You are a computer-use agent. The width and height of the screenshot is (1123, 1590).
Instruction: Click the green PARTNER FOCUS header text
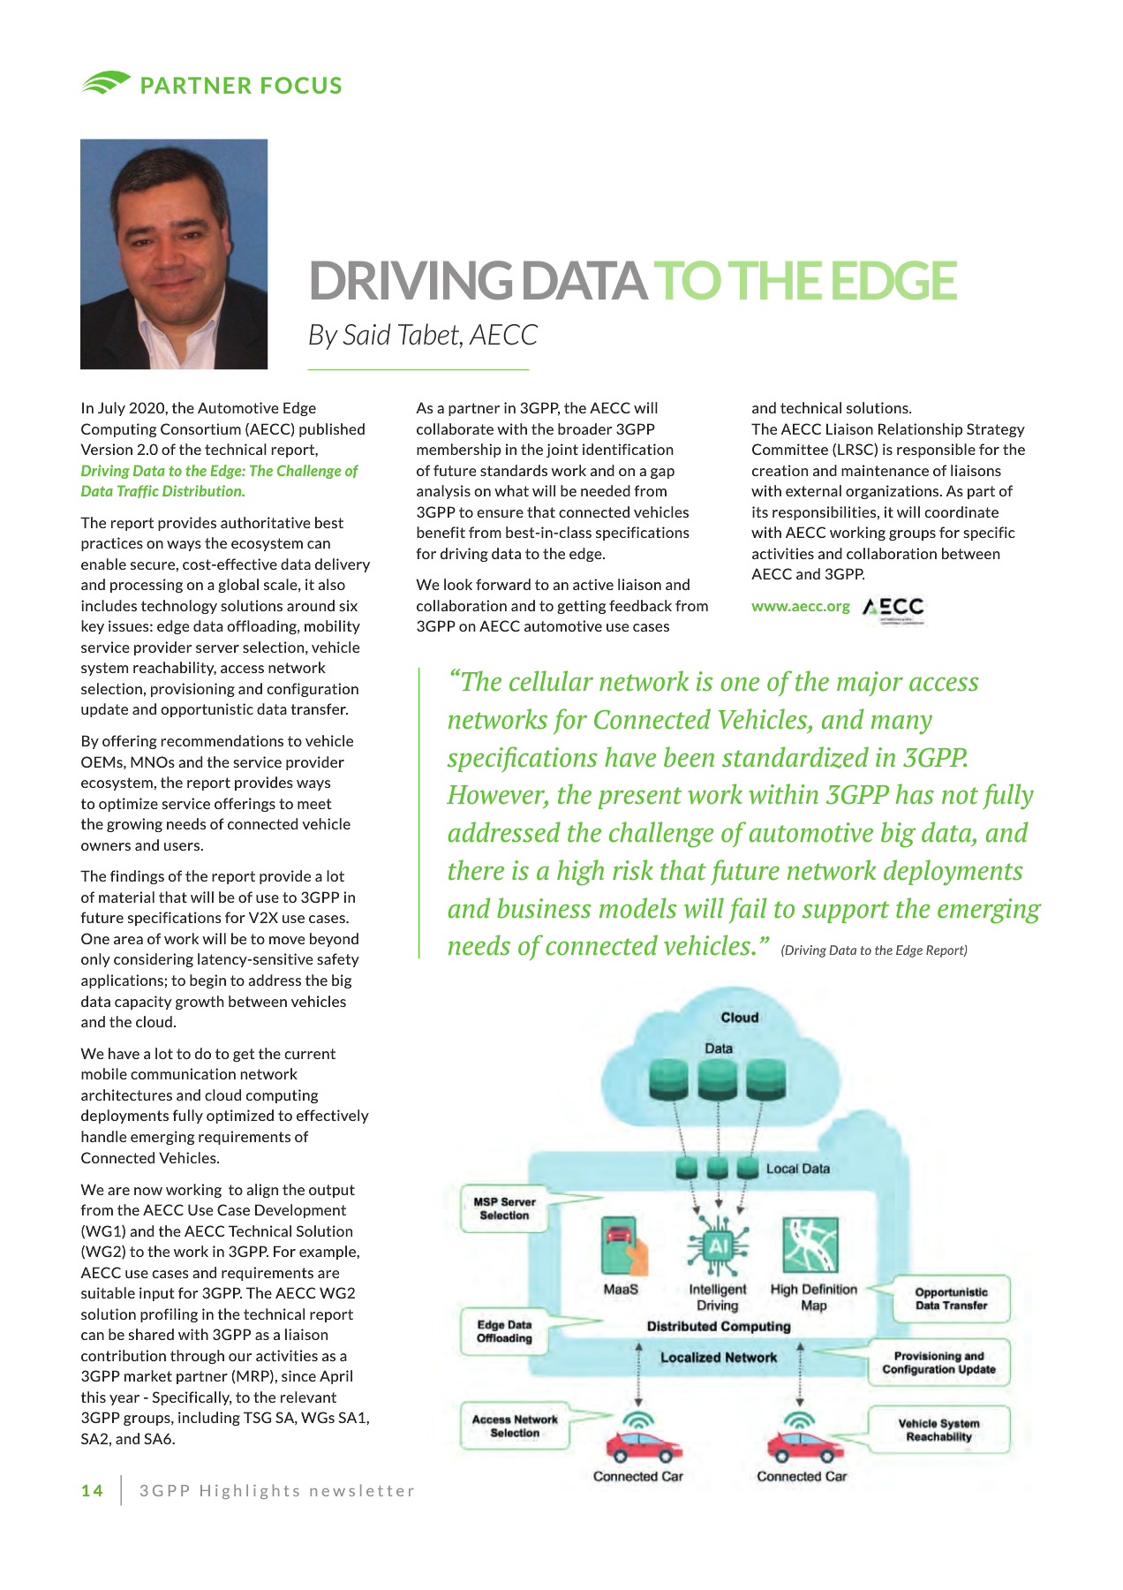(x=241, y=86)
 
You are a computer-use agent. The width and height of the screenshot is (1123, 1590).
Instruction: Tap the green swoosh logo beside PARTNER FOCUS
(x=105, y=83)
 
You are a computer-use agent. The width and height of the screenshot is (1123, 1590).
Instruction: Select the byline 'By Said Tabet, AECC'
(x=422, y=336)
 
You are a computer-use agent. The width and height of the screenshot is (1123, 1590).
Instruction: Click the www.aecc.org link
(x=800, y=607)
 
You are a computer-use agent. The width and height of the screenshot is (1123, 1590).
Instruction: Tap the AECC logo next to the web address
(x=893, y=608)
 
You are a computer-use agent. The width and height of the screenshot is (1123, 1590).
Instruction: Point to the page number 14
(x=92, y=1491)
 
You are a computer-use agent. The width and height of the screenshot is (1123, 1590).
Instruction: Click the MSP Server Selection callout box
(x=504, y=1208)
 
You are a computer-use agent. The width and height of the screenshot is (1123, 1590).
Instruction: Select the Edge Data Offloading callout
(x=504, y=1331)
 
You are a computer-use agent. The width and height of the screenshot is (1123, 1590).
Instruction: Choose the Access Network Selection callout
(x=515, y=1426)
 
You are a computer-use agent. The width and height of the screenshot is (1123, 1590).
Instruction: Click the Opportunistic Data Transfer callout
(x=951, y=1298)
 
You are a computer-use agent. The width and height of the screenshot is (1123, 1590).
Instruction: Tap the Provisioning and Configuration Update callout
(x=938, y=1362)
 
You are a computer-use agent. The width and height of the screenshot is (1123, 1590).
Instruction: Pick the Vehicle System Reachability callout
(x=938, y=1429)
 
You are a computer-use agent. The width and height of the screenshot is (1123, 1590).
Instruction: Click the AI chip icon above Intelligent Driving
(x=718, y=1246)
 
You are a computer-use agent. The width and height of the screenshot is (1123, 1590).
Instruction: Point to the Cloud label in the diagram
(x=739, y=1018)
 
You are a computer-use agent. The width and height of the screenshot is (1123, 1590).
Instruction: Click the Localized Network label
(x=719, y=1358)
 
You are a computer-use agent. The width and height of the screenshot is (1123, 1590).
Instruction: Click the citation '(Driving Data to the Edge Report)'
(x=874, y=950)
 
